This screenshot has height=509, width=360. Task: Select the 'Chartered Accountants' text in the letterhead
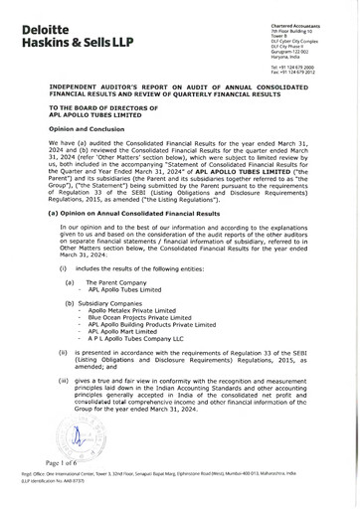click(304, 12)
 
